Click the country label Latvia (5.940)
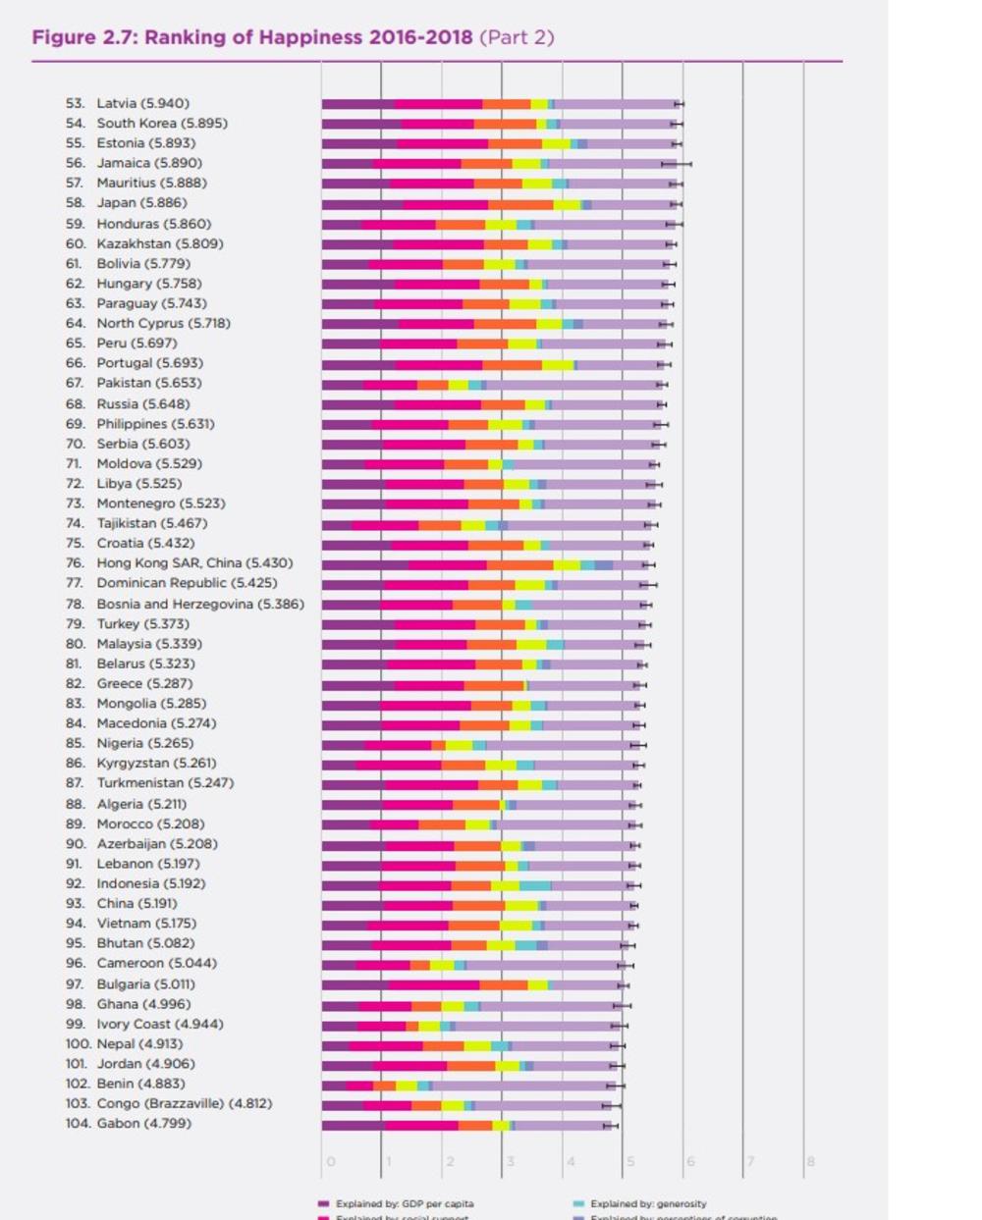(x=142, y=103)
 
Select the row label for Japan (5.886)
(x=141, y=203)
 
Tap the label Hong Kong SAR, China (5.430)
(x=194, y=563)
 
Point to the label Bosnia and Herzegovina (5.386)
(x=200, y=604)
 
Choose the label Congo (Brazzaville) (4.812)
(x=185, y=1103)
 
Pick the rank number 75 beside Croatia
(x=75, y=543)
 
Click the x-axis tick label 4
(x=570, y=1162)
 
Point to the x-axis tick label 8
(x=810, y=1162)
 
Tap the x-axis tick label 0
(x=330, y=1162)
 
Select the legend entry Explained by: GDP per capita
(x=404, y=1203)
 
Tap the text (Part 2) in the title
(x=517, y=37)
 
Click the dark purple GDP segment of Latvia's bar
(x=357, y=103)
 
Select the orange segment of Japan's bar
(x=520, y=204)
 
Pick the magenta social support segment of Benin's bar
(x=359, y=1086)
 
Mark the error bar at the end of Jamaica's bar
(x=676, y=163)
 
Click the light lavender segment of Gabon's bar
(x=562, y=1125)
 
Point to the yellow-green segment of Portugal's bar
(x=557, y=364)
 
